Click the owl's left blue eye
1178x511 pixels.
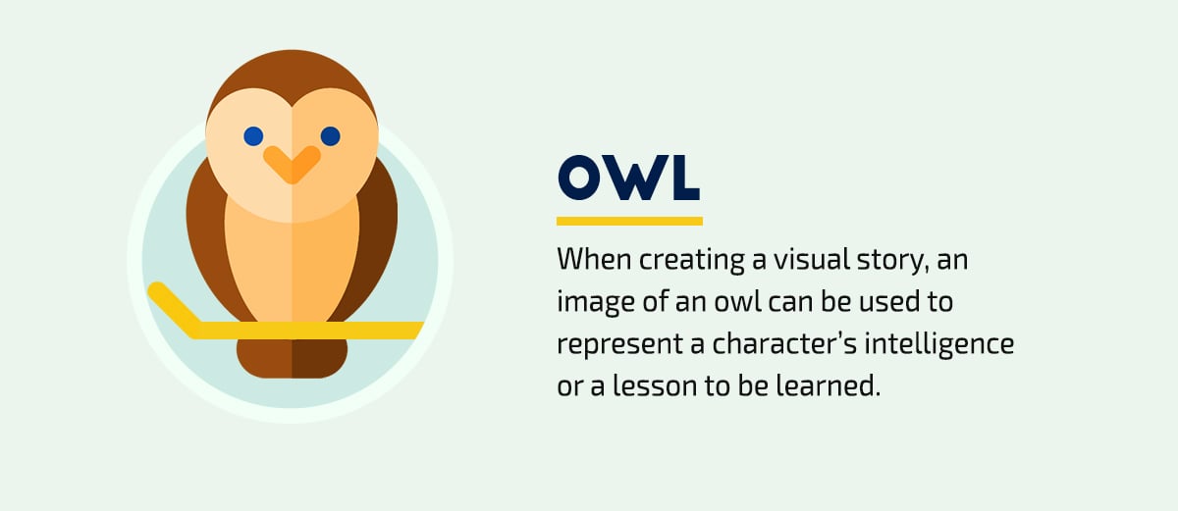tap(253, 135)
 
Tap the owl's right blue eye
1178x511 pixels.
tap(330, 135)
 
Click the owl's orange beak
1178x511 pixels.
tap(292, 164)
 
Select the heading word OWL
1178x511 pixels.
tap(628, 179)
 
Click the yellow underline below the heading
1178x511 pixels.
tap(629, 221)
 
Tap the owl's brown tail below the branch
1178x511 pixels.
tap(292, 357)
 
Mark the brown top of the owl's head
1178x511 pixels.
tap(292, 78)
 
